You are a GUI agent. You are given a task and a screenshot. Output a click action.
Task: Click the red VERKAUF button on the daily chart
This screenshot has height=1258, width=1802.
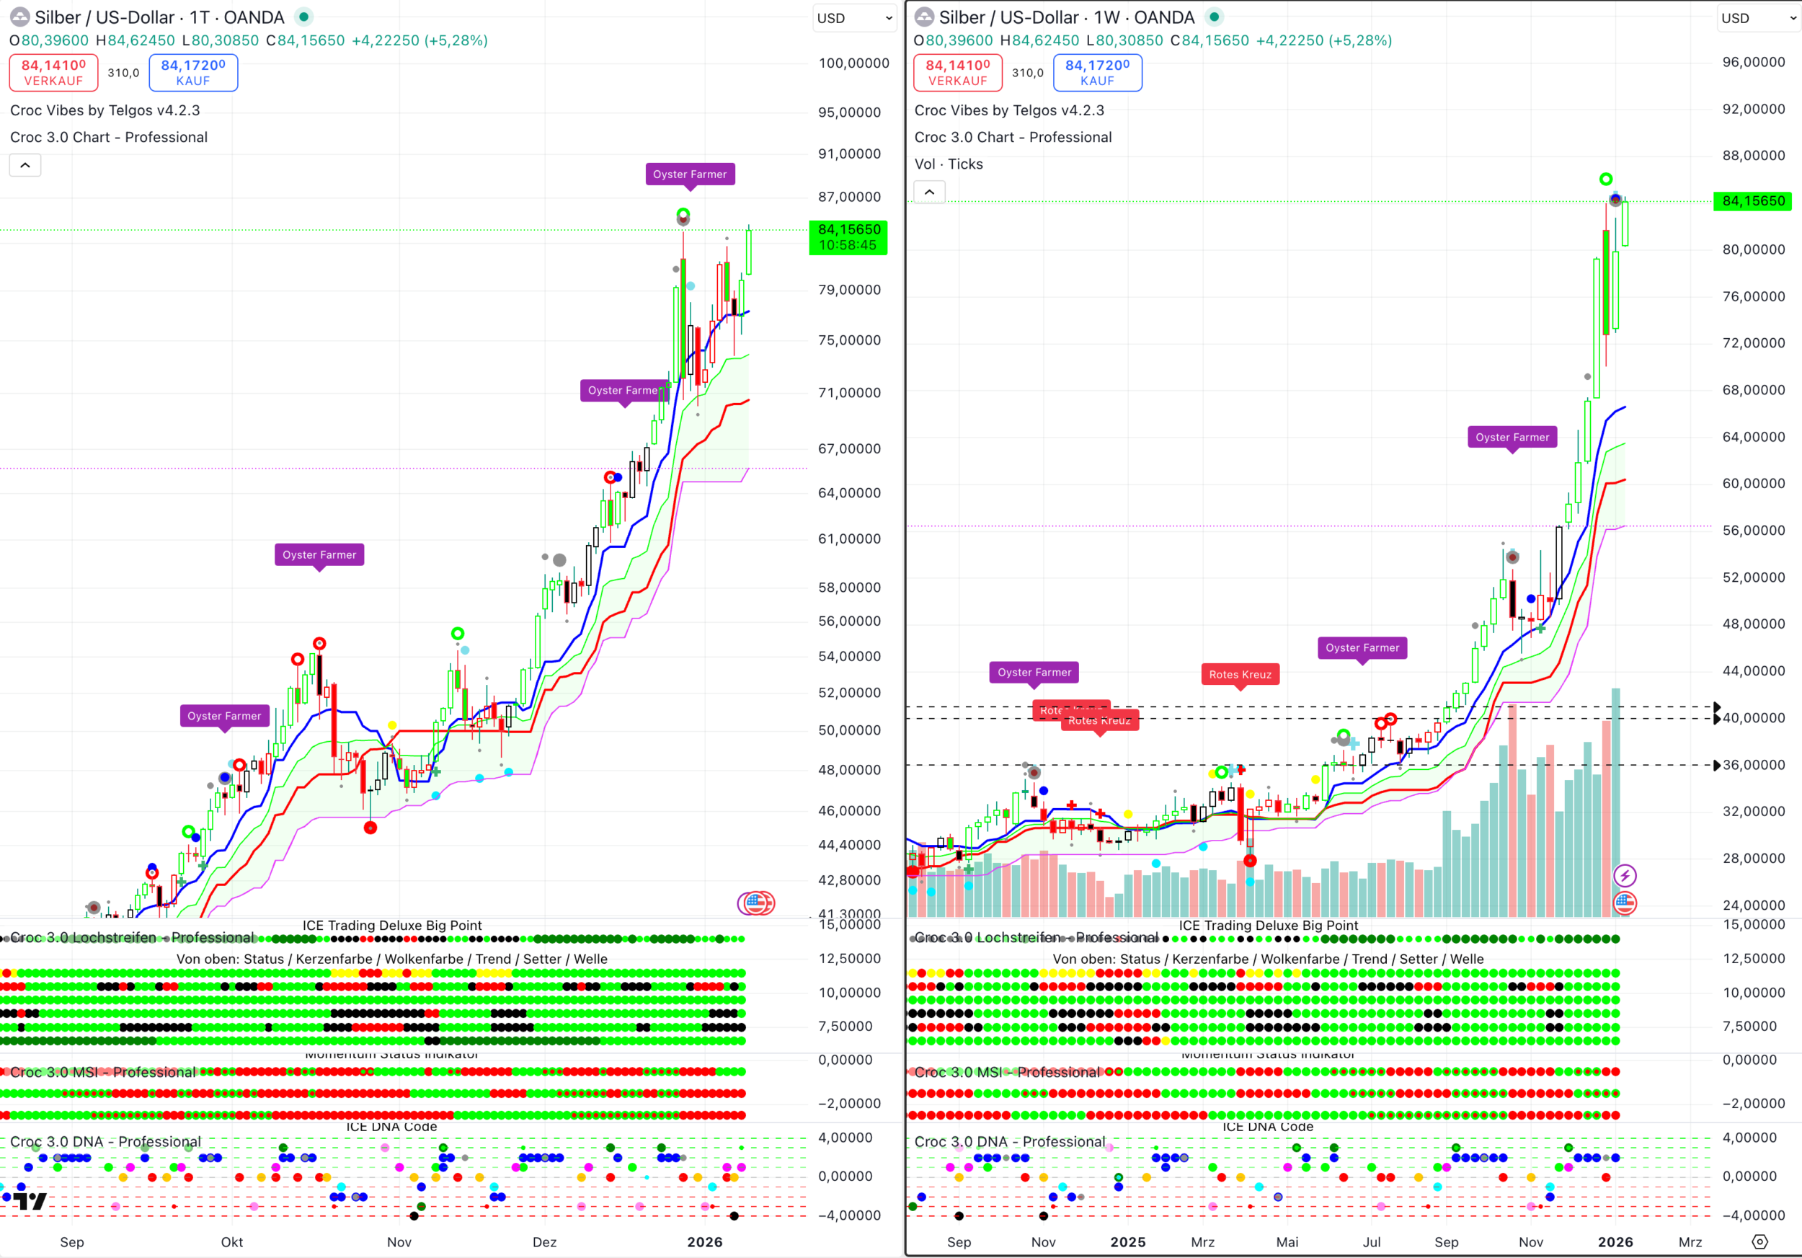click(53, 72)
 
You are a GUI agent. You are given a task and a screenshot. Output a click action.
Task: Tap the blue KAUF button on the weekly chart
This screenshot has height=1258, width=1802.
click(1096, 72)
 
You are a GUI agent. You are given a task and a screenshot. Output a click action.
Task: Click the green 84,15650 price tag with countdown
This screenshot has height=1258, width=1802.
click(848, 237)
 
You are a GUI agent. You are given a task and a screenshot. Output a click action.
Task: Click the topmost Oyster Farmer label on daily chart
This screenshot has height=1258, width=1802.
click(689, 174)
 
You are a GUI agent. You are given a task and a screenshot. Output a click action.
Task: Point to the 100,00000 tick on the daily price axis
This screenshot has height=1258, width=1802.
click(853, 63)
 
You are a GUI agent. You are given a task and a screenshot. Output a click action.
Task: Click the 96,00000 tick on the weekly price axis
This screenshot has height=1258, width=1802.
click(1752, 63)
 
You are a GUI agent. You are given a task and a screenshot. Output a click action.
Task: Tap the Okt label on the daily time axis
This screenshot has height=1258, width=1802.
click(231, 1241)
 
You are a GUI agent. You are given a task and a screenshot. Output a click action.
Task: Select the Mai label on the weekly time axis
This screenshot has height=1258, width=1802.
click(1287, 1241)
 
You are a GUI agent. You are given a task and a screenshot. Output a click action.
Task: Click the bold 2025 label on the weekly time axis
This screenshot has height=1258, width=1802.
click(1127, 1241)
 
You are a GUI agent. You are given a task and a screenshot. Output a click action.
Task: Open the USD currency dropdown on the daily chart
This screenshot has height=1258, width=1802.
click(854, 18)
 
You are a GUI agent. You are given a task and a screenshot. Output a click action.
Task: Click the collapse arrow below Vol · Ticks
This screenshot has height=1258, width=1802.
click(929, 192)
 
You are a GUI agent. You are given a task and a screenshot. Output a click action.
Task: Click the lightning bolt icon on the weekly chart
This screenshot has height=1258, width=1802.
click(1624, 875)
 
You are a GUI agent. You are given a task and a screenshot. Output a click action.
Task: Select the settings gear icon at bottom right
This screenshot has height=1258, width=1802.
click(1759, 1241)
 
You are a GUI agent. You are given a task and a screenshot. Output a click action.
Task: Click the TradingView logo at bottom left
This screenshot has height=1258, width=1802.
click(30, 1201)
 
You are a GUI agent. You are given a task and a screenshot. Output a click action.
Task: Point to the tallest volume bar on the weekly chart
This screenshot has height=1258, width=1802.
click(1615, 800)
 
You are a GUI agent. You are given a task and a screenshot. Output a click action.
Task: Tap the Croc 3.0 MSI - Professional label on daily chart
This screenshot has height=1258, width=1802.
click(103, 1072)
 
